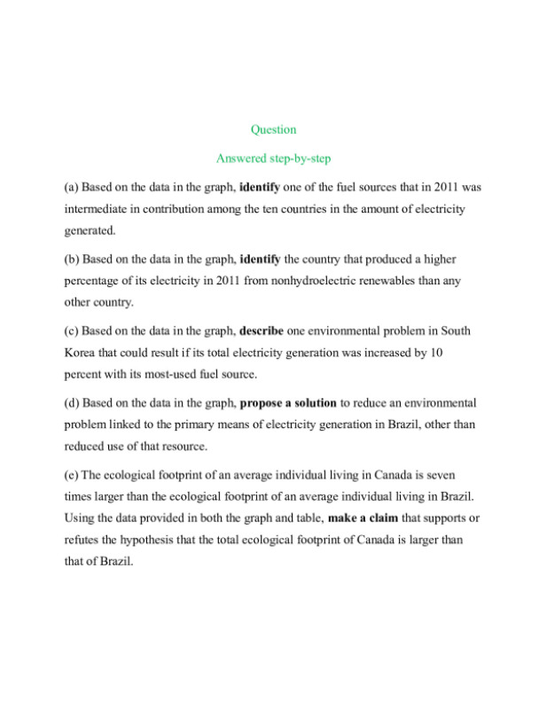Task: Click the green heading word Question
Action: coord(273,129)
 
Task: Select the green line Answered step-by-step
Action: coord(273,159)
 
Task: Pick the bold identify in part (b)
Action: coord(260,259)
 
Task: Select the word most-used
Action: coord(181,373)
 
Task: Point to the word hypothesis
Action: coord(143,538)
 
